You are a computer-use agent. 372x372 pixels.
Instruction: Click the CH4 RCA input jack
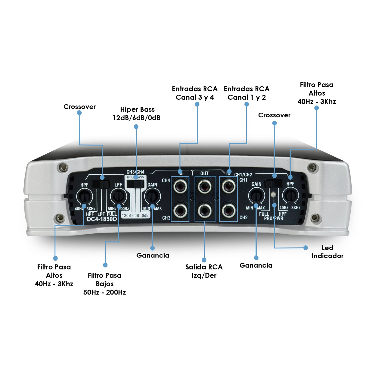(180, 186)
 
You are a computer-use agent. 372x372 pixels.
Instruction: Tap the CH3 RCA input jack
(180, 211)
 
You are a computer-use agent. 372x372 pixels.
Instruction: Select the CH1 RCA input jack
(228, 186)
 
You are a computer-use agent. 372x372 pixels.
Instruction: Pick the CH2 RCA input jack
(228, 210)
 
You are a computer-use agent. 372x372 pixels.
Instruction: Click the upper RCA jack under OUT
(204, 186)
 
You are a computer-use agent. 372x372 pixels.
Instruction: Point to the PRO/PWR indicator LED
(274, 195)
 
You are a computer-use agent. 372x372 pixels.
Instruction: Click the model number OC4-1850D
(101, 219)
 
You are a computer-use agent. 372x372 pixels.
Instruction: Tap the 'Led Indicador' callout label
(327, 252)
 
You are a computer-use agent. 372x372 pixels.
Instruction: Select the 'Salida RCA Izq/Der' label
(204, 271)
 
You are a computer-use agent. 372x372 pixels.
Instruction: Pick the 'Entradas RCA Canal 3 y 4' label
(195, 93)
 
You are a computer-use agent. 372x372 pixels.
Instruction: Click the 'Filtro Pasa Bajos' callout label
(105, 284)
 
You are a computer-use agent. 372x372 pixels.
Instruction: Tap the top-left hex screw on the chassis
(62, 167)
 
